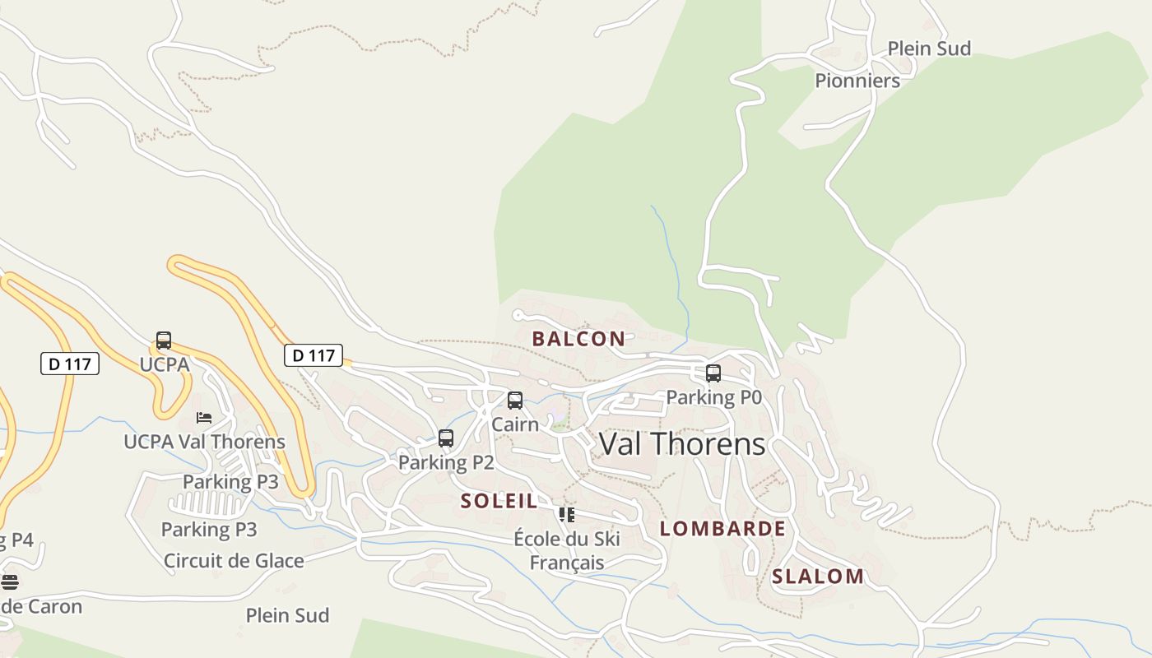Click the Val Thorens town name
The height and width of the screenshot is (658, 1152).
682,444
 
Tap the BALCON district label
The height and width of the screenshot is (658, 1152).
578,338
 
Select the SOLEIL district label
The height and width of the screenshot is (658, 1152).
499,500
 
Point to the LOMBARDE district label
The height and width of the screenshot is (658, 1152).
722,528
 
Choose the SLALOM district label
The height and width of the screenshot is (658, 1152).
818,576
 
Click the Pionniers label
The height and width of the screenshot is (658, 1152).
857,81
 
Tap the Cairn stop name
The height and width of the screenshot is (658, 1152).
515,424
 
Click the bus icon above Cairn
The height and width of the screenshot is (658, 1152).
515,401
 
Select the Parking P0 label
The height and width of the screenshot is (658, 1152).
713,397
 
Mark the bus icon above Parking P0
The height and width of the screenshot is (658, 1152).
713,373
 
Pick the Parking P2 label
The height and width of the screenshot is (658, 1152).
446,462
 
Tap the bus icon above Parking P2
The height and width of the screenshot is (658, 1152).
446,438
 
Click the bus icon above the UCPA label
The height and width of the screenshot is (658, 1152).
164,341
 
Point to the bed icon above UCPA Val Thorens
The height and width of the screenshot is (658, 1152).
204,418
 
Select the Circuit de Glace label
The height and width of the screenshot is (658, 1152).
234,561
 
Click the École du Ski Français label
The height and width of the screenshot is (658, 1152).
567,551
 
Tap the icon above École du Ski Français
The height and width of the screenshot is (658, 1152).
567,515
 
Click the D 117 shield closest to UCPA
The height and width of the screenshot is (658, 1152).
70,364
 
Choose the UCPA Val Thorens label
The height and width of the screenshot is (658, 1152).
204,442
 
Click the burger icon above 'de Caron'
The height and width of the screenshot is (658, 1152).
9,582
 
